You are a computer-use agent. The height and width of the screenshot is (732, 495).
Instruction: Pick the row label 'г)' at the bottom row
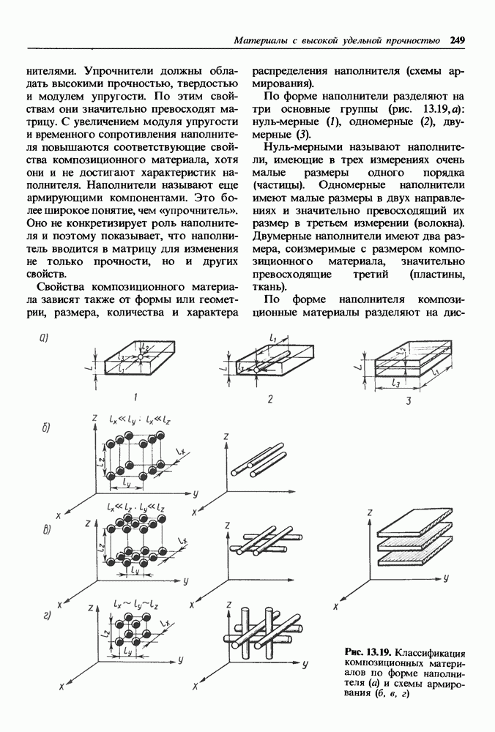[47, 616]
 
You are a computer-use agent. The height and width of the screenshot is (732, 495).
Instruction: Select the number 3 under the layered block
[408, 402]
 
